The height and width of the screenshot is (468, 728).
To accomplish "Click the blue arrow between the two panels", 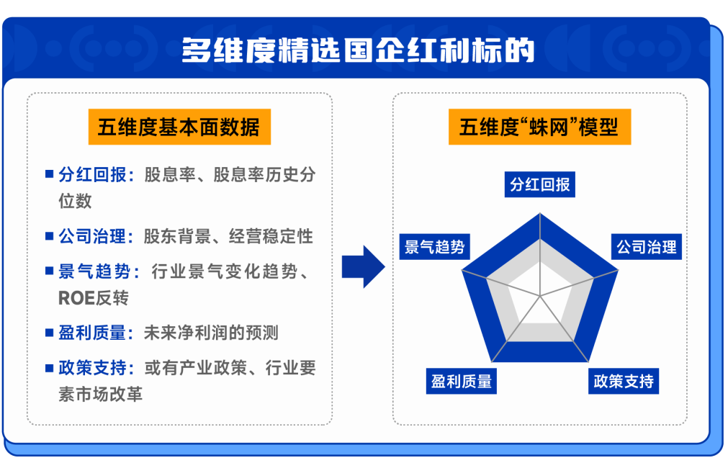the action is tap(363, 267).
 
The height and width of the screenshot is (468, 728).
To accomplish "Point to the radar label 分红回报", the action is tap(540, 184).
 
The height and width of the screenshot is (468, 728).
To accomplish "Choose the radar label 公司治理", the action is tap(646, 248).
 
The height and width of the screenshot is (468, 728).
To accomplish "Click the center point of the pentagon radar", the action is tap(540, 296).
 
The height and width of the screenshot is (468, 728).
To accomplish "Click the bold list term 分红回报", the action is tap(92, 176).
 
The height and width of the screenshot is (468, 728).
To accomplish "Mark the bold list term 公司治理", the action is tap(92, 236).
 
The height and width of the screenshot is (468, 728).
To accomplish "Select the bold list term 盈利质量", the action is tap(92, 333).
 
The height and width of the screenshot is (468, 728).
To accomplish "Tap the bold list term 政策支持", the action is tap(92, 369).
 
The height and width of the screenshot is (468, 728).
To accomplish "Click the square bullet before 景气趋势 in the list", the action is tap(49, 271).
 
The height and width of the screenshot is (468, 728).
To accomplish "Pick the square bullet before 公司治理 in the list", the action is tap(49, 235).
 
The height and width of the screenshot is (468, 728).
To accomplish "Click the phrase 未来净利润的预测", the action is tap(211, 333).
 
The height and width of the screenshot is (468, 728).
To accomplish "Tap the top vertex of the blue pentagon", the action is tap(540, 213).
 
